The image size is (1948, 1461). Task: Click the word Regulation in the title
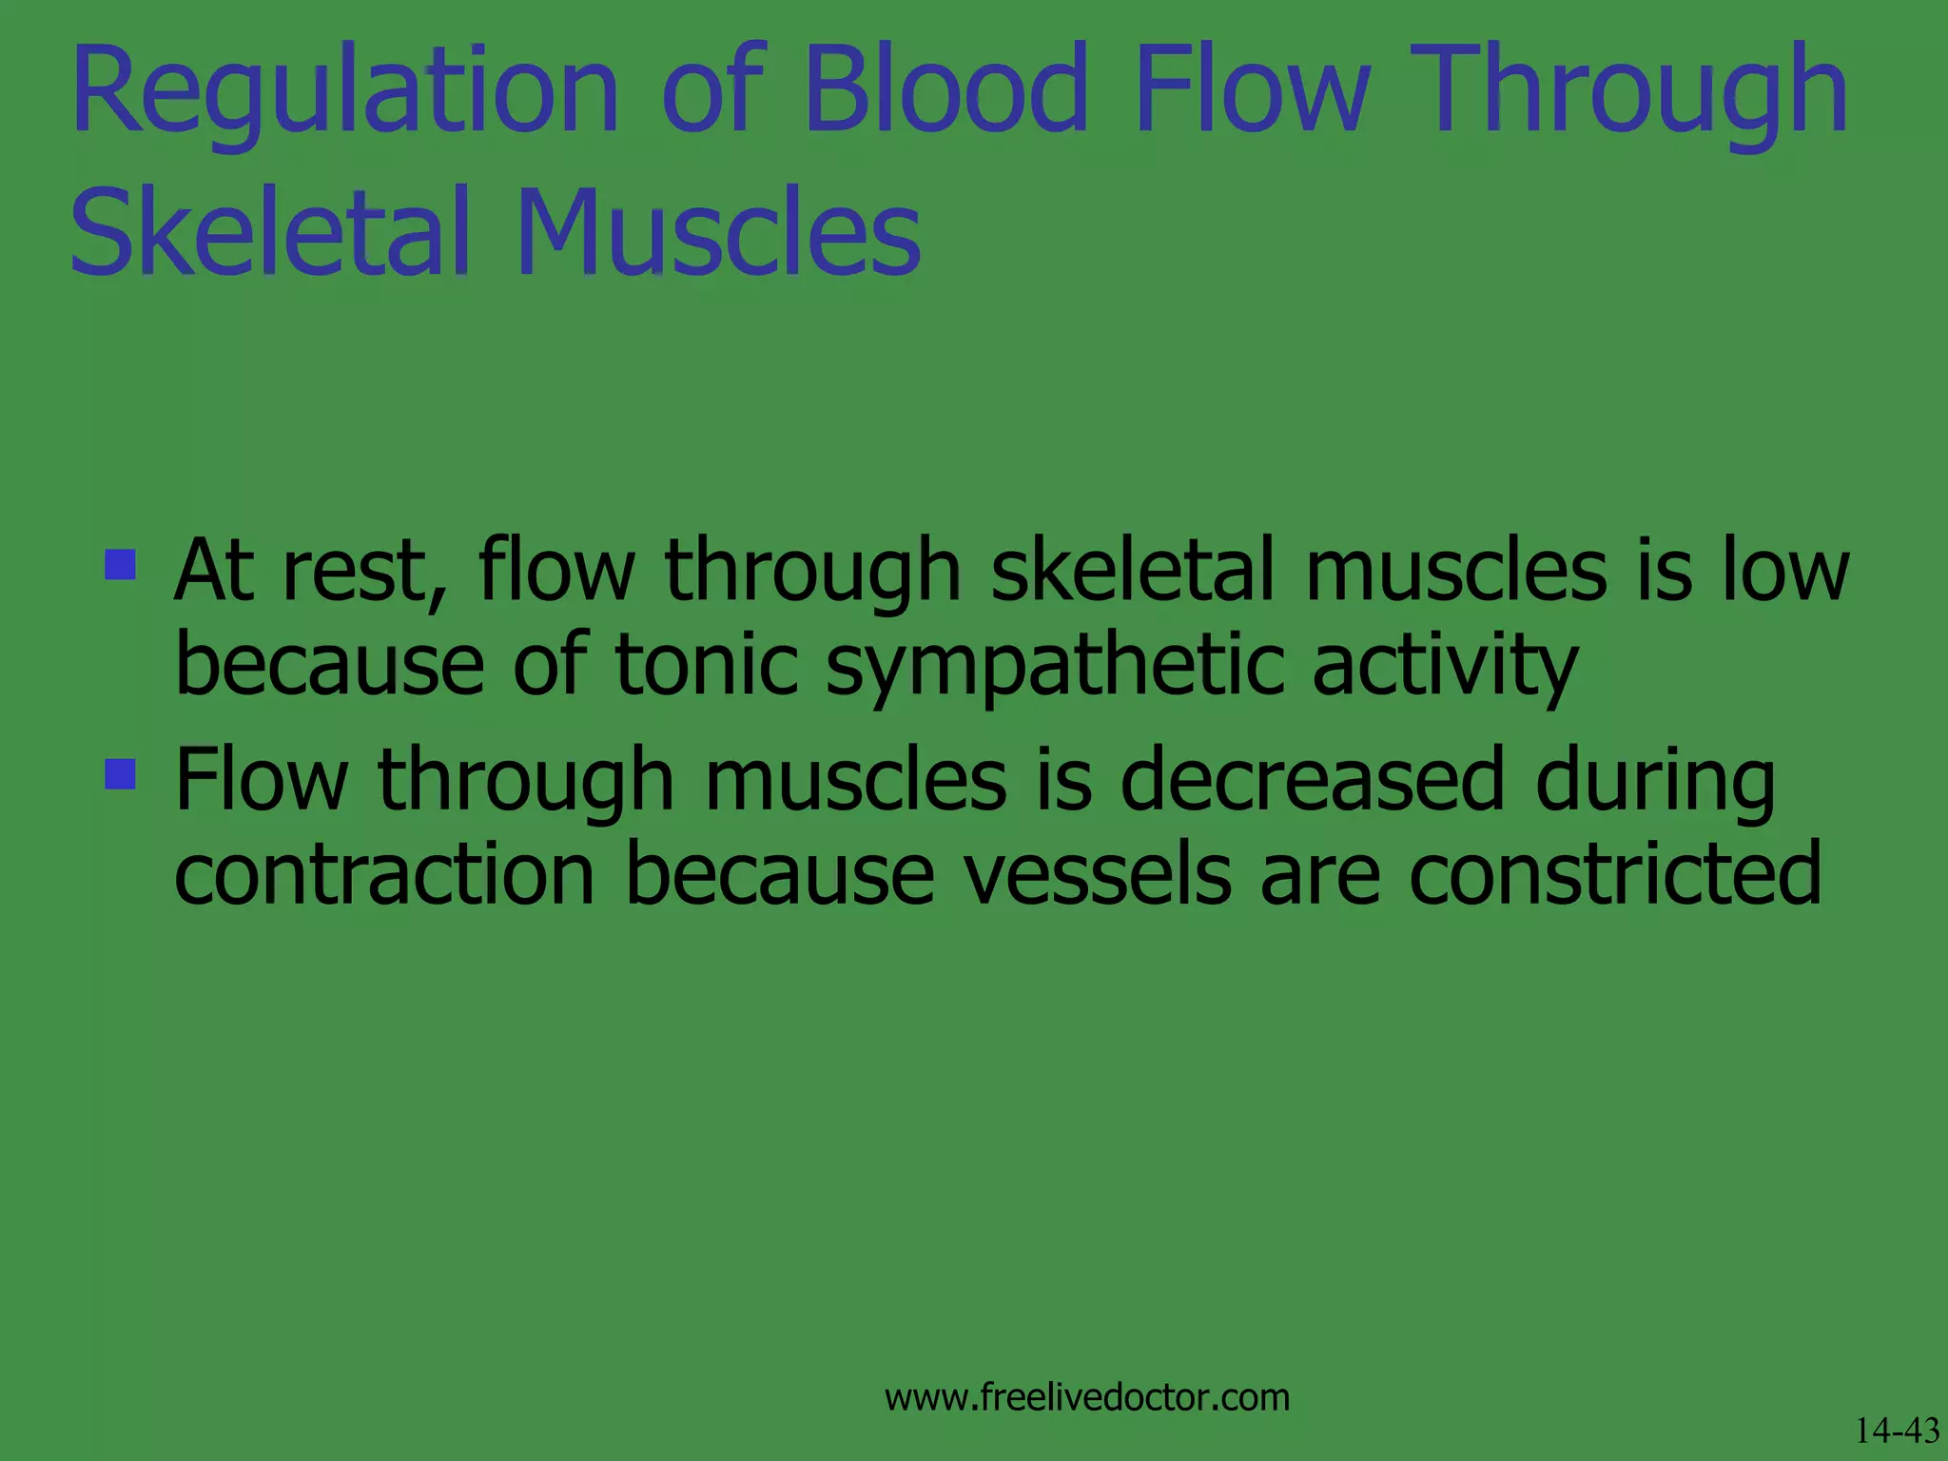pos(344,90)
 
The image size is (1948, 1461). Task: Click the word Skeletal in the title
pos(270,233)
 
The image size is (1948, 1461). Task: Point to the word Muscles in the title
pos(718,233)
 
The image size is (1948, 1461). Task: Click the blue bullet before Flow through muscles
pos(121,773)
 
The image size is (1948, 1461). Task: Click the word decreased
pos(1312,780)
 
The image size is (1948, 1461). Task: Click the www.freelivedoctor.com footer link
pos(1087,1397)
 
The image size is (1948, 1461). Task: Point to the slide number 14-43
pos(1897,1431)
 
